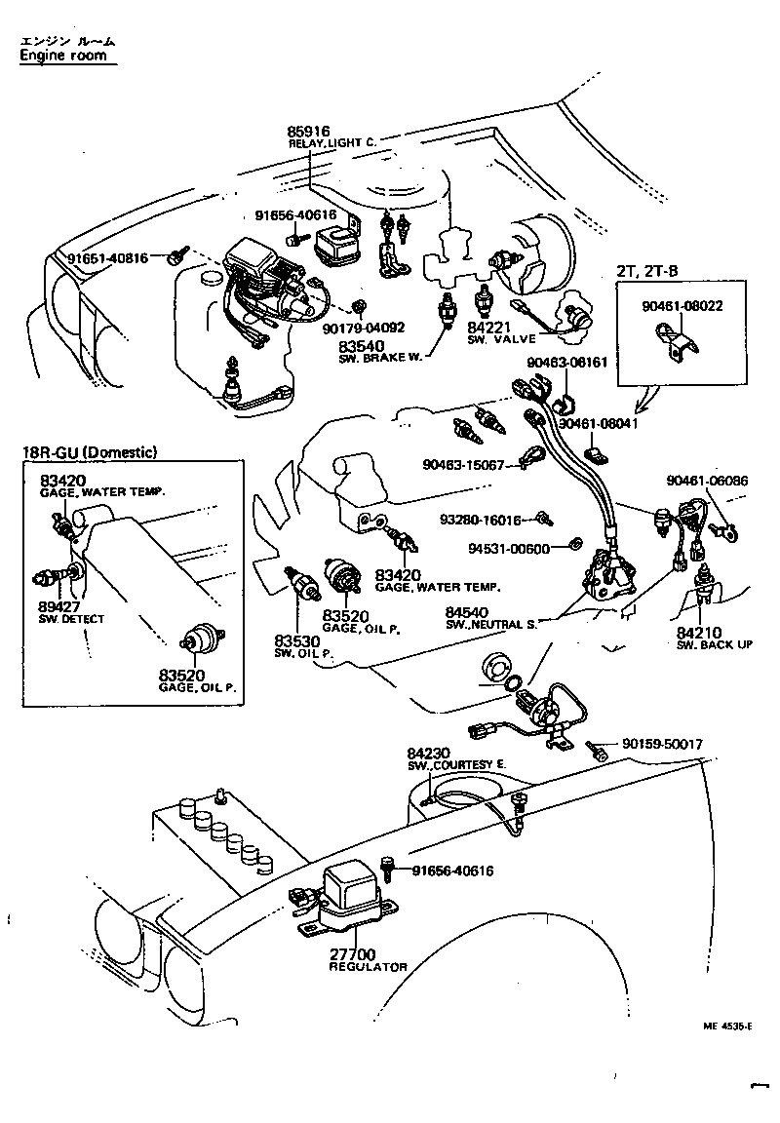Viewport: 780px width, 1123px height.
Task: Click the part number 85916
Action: point(309,131)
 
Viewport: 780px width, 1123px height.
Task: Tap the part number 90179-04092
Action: point(363,328)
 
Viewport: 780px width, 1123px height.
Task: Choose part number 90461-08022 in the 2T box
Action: point(682,306)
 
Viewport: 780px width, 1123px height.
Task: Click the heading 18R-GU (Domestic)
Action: point(90,452)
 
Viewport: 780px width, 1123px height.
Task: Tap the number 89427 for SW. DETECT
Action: point(60,606)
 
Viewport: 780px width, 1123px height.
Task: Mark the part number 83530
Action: point(296,640)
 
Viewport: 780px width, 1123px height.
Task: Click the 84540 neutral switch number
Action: point(467,611)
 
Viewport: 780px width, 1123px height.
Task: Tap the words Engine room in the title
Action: point(68,57)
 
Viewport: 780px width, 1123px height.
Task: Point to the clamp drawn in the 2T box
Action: point(678,345)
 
